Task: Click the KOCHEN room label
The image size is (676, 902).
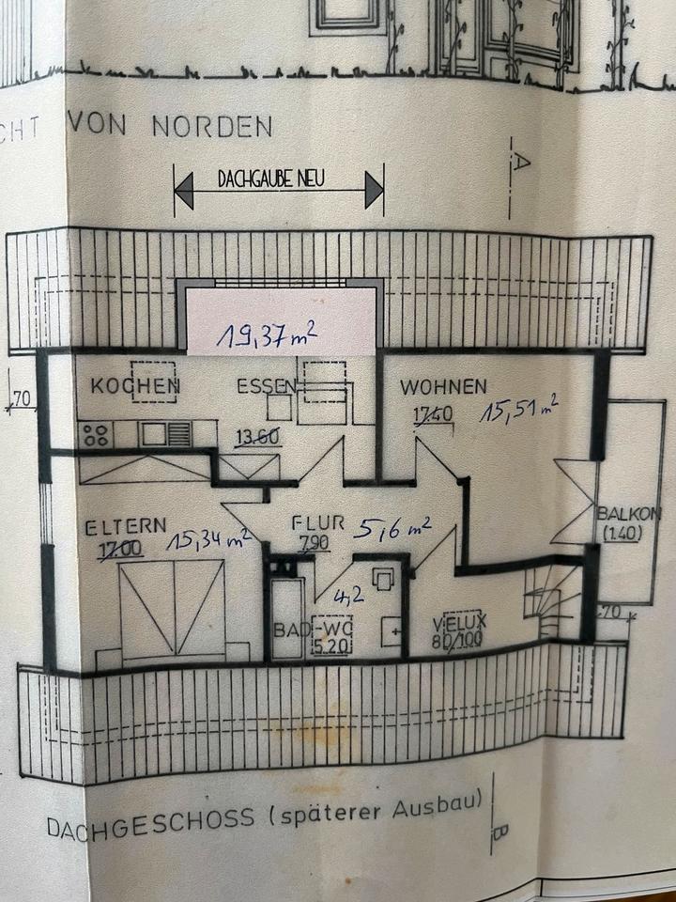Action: point(134,385)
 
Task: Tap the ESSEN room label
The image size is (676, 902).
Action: point(267,385)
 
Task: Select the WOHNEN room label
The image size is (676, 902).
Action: point(443,386)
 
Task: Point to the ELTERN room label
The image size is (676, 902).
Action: point(125,527)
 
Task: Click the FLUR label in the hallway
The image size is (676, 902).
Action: point(319,523)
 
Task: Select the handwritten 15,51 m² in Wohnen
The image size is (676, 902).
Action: point(518,410)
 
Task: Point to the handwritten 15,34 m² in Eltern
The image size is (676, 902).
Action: point(208,539)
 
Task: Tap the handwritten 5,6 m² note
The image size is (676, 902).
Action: point(392,528)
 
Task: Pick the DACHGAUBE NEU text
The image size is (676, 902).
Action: point(270,179)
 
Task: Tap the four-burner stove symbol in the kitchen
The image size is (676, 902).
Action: point(94,435)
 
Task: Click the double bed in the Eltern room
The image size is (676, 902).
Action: point(173,606)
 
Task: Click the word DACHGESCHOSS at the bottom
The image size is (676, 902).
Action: point(150,820)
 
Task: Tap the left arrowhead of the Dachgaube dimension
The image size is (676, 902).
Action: point(184,191)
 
